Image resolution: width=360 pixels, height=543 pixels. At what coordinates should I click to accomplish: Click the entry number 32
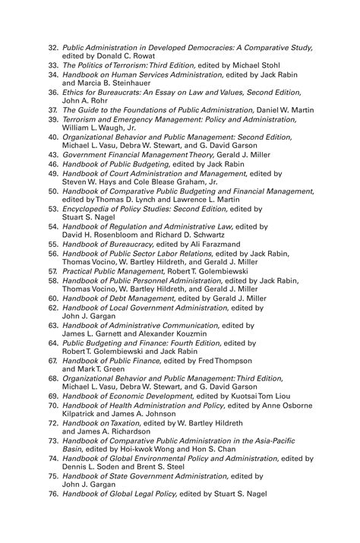point(53,47)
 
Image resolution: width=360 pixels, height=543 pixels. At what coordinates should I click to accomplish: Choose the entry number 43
point(53,153)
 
